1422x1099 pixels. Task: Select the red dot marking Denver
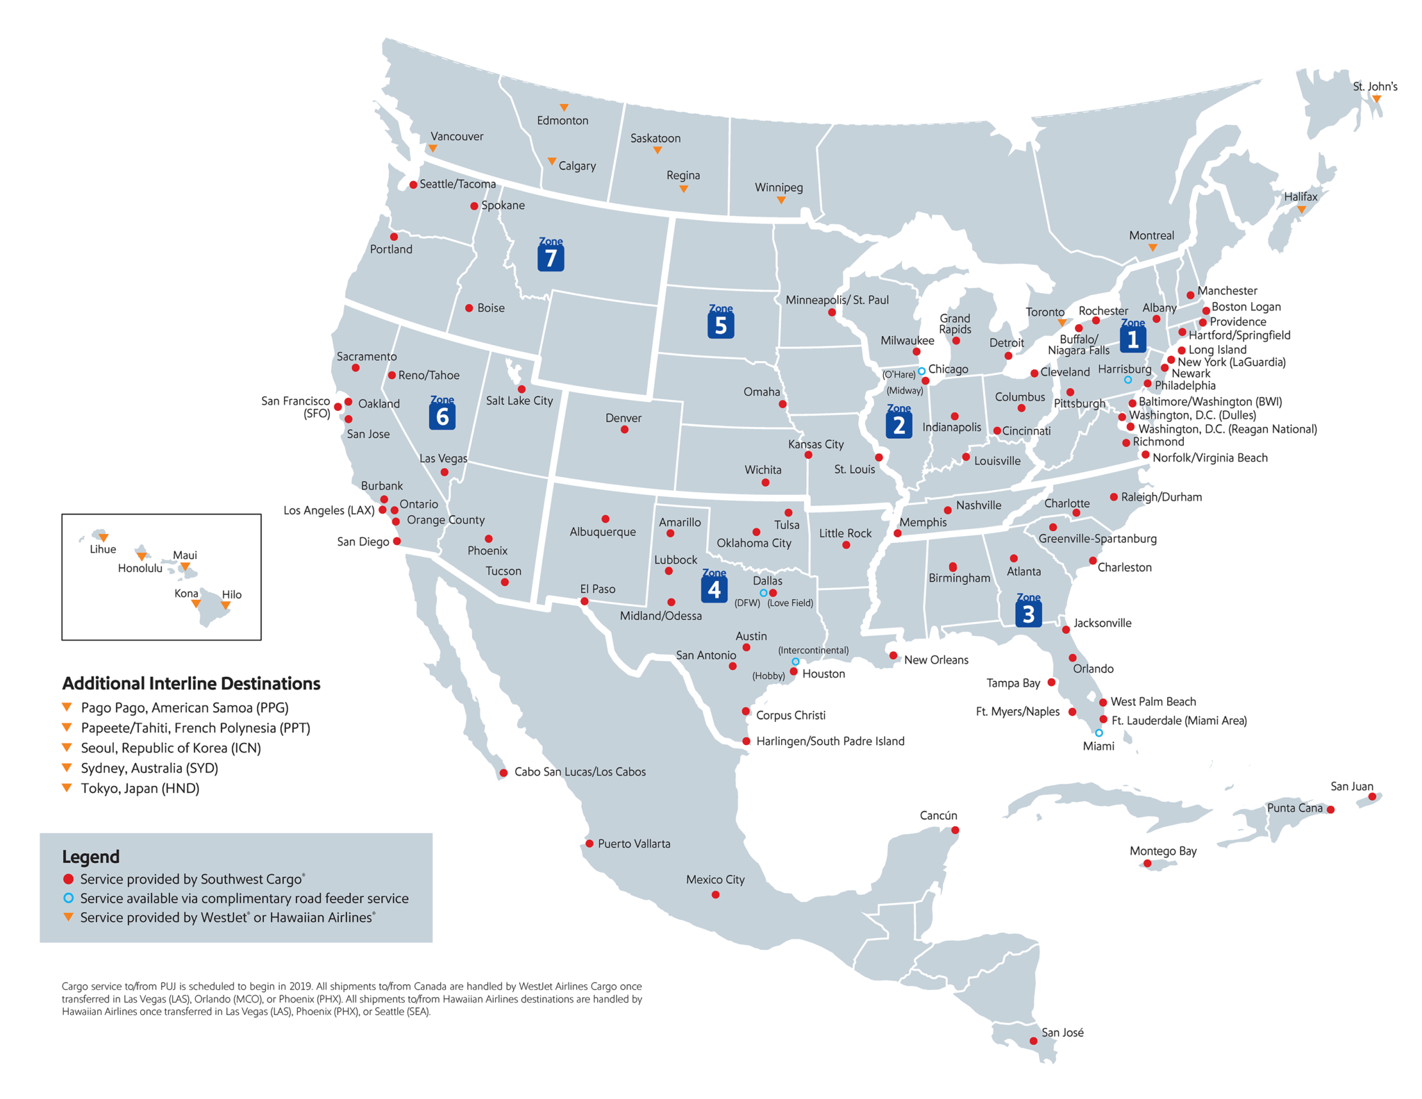coord(624,430)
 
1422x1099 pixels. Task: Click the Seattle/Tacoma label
coord(458,184)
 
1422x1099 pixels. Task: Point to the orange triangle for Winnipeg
coord(781,200)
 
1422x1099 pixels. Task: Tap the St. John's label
coord(1375,86)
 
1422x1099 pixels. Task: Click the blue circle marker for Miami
coord(1098,732)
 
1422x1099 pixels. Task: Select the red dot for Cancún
coord(955,830)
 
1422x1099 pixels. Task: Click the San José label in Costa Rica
coord(1062,1032)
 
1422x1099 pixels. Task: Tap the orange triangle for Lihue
coord(103,537)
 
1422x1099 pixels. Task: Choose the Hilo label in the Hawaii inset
coord(231,594)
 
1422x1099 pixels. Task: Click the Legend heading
coord(91,857)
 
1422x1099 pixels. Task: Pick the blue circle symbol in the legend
coord(68,898)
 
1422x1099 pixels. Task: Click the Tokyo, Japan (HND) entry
coord(140,788)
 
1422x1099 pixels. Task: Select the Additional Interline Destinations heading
coord(191,683)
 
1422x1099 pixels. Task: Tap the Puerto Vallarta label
coord(634,844)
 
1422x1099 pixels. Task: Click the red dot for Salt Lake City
coord(521,389)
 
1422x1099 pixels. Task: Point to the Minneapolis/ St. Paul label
coord(837,300)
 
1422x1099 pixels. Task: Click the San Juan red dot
coord(1372,796)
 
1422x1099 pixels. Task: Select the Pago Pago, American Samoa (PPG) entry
coord(184,707)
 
